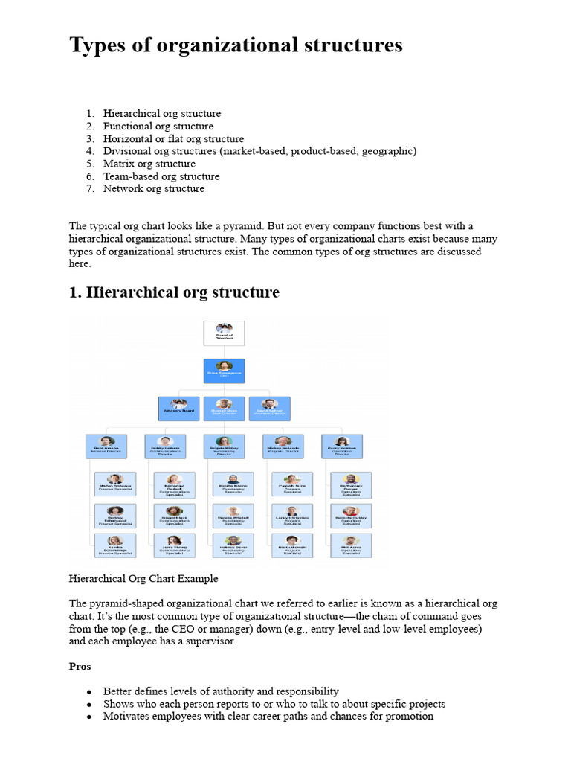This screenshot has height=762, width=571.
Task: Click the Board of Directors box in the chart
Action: pyautogui.click(x=224, y=333)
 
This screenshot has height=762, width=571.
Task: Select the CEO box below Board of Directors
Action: pyautogui.click(x=224, y=371)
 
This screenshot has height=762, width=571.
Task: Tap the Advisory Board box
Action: pyautogui.click(x=178, y=409)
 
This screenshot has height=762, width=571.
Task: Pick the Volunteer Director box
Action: pyautogui.click(x=269, y=409)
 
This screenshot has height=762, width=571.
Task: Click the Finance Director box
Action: pyautogui.click(x=106, y=446)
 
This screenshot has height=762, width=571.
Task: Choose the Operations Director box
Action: pyautogui.click(x=342, y=446)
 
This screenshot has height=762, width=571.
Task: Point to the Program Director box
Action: pyautogui.click(x=283, y=446)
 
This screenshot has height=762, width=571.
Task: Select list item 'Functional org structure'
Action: pyautogui.click(x=158, y=127)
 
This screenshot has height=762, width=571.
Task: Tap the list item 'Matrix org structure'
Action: pyautogui.click(x=149, y=164)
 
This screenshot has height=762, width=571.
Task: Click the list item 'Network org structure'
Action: pyautogui.click(x=153, y=189)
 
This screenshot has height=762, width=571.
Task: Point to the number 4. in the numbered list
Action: pyautogui.click(x=89, y=151)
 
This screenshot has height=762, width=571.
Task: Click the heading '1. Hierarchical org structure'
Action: pyautogui.click(x=174, y=292)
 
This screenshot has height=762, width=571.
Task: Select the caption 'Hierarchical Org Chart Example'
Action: pyautogui.click(x=143, y=578)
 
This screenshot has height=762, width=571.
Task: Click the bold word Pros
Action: pyautogui.click(x=80, y=667)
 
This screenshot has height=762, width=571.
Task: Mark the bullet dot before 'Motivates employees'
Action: pyautogui.click(x=89, y=717)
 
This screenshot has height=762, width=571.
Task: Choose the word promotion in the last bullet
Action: pyautogui.click(x=407, y=717)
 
